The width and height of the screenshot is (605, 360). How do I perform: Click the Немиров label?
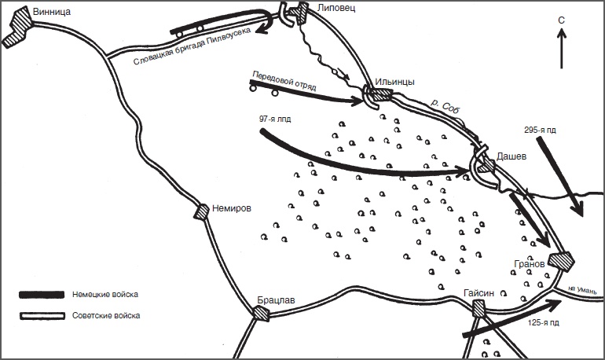232,209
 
